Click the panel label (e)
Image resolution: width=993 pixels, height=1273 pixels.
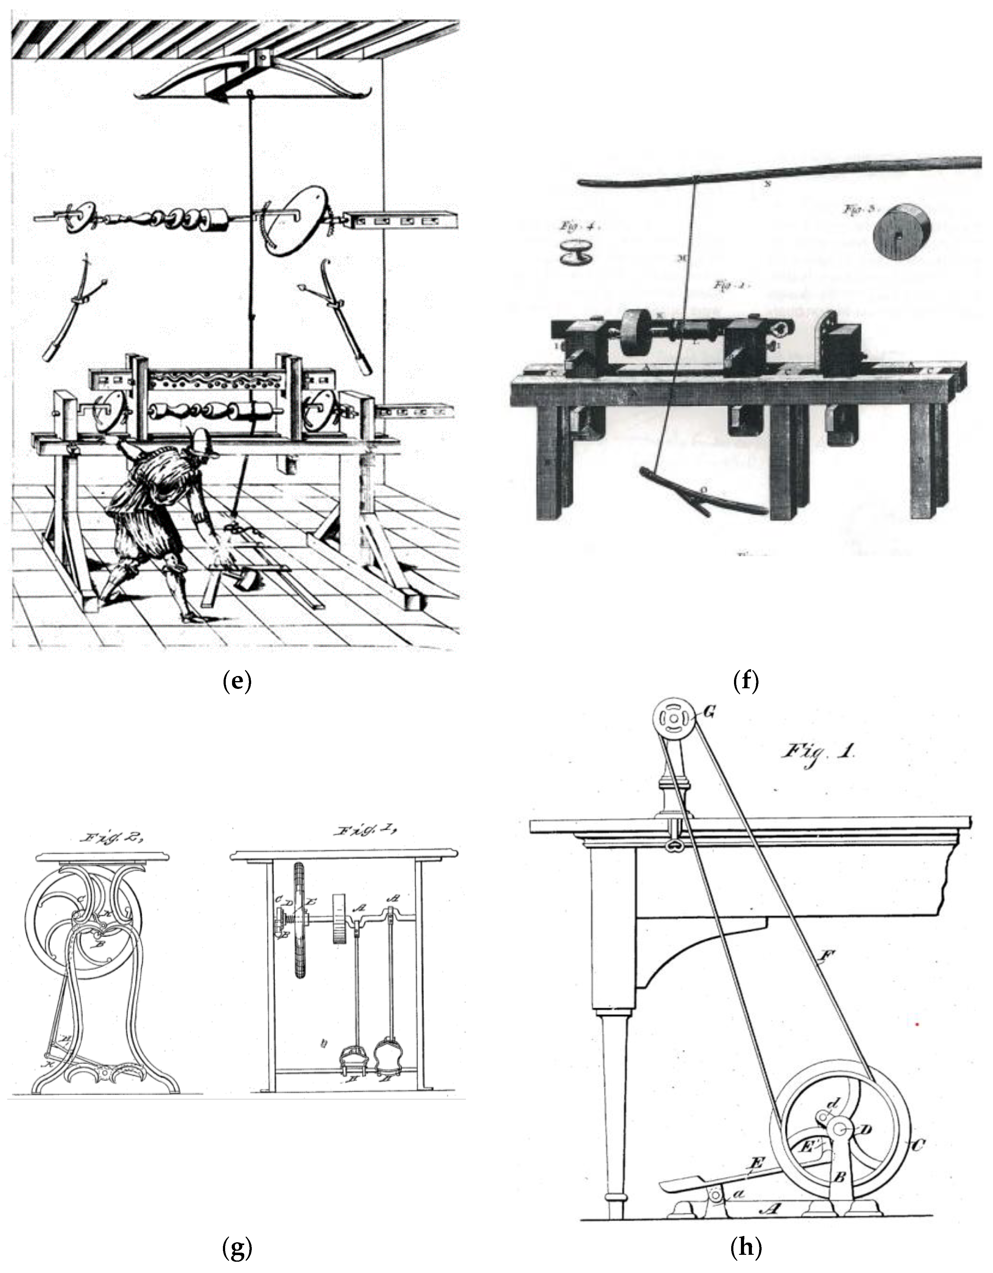[237, 680]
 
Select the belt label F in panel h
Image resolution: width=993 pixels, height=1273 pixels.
[826, 955]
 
